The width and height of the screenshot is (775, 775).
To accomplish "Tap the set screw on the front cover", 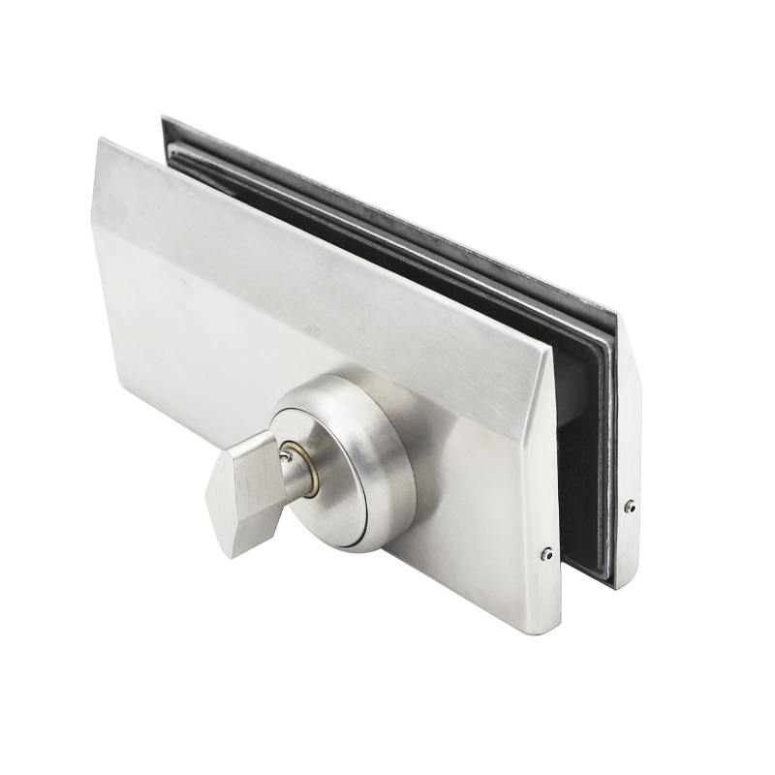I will [547, 555].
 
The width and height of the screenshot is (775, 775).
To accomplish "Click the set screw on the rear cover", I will [631, 506].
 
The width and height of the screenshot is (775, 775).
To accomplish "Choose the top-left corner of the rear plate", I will [164, 119].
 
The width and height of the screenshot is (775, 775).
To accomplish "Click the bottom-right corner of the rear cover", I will [620, 585].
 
